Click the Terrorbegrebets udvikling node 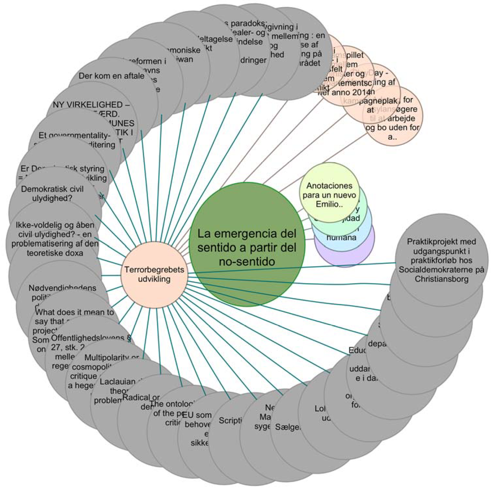154,275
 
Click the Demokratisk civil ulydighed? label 52,194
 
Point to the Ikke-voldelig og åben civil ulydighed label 55,239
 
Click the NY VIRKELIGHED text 91,105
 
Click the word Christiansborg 441,279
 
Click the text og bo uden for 392,127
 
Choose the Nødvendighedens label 62,288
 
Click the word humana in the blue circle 341,237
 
